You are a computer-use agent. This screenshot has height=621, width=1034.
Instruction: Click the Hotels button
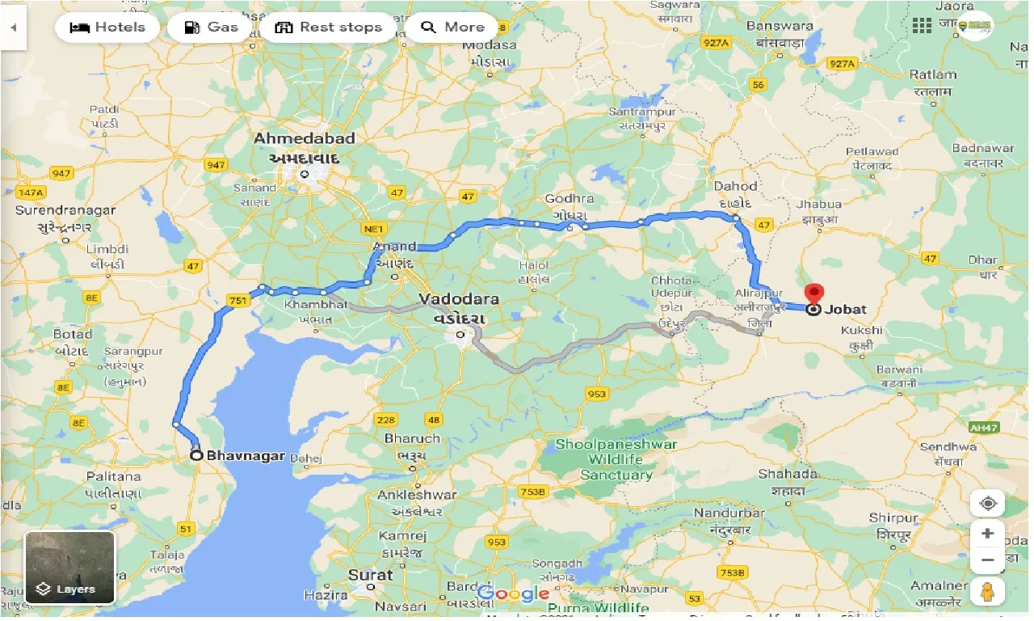pos(107,27)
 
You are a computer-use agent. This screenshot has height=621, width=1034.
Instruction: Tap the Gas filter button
pos(210,27)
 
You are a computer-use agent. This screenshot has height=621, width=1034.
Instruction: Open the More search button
pos(452,27)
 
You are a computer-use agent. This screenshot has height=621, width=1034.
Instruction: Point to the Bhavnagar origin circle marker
pos(196,455)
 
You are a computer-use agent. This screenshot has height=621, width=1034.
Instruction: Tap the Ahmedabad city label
pos(304,138)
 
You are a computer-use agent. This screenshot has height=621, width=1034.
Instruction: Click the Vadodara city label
pos(459,299)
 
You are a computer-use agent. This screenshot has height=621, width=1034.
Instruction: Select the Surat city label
pos(370,576)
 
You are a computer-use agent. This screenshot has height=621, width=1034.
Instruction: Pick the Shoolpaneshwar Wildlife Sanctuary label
pos(616,459)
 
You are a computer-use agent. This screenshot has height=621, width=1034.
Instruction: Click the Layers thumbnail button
pos(69,567)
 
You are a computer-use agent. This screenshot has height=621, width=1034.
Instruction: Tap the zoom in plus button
pos(987,534)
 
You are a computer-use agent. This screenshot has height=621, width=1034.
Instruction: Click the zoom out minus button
pos(987,560)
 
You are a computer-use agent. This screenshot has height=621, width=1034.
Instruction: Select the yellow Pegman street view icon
pos(987,591)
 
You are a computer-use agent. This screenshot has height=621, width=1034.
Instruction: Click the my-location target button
pos(987,503)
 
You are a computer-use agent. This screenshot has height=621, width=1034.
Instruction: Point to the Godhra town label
pos(570,199)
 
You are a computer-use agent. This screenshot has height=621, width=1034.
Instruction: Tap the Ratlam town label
pos(932,74)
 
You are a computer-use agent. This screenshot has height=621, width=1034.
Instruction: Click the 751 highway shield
pos(238,301)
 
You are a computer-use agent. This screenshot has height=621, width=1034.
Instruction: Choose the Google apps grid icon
pos(922,26)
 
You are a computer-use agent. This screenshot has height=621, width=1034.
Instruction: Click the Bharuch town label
pos(412,438)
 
